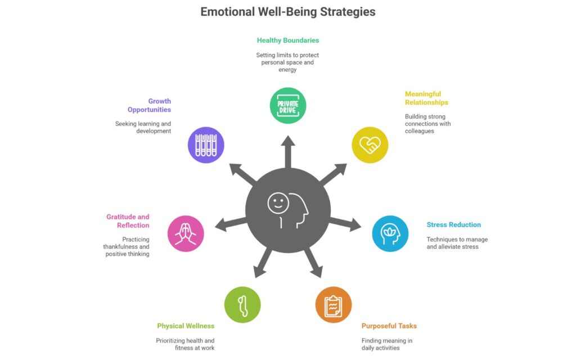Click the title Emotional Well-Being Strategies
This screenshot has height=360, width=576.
288,11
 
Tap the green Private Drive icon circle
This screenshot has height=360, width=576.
288,105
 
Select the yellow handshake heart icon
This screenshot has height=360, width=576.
370,145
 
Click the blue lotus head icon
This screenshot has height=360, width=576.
390,233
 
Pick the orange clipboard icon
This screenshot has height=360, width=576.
334,305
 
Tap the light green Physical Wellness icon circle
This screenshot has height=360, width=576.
242,305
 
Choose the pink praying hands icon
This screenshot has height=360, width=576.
186,233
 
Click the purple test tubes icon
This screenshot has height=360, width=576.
206,145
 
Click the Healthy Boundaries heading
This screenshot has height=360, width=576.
288,40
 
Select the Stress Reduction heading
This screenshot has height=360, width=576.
453,225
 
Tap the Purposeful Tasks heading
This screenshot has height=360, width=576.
389,326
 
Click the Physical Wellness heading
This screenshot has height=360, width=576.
186,326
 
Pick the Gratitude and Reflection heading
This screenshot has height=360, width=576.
128,221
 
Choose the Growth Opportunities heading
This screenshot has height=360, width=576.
149,106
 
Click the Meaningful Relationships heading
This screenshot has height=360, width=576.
426,98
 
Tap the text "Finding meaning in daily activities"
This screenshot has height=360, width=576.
387,344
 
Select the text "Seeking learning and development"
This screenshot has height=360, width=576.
143,127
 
